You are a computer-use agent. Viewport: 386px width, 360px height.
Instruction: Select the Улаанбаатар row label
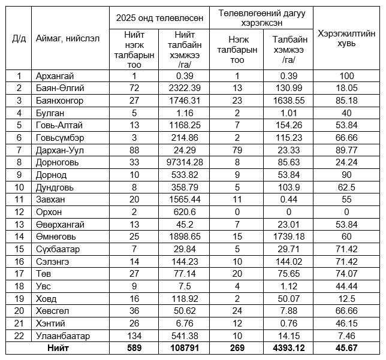tap(63, 335)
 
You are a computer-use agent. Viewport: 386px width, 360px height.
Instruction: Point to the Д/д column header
tap(19, 39)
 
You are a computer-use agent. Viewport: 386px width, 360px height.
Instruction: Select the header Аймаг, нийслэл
tap(63, 39)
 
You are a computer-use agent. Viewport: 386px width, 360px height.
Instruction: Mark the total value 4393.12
tap(288, 347)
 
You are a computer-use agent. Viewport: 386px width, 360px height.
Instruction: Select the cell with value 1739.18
tap(288, 237)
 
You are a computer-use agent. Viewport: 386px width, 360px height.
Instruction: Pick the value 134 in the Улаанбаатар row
tap(134, 335)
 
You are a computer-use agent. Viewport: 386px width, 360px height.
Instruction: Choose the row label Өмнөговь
tap(56, 237)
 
